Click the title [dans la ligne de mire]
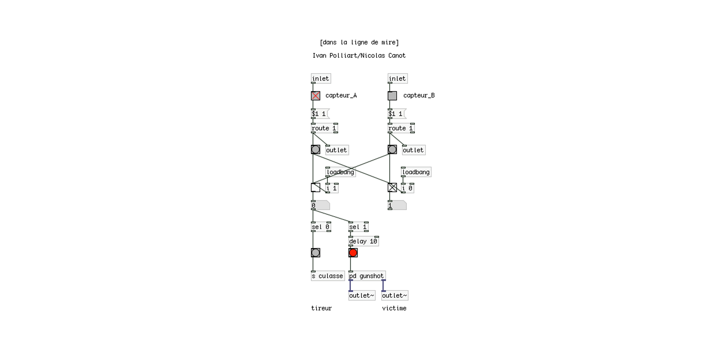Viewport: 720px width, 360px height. (x=359, y=42)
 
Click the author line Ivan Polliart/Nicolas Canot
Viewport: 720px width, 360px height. (x=359, y=56)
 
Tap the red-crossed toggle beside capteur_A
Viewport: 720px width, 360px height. (x=316, y=96)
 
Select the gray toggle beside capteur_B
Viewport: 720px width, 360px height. (x=392, y=96)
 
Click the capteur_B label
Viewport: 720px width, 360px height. (x=419, y=95)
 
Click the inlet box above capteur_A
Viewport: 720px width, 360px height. (x=321, y=78)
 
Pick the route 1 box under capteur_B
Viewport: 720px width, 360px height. (x=401, y=128)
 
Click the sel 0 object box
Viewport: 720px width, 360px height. (x=321, y=227)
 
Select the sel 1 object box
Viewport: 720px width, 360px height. (x=358, y=227)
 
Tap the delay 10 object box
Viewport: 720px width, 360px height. (x=364, y=241)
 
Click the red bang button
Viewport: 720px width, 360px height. (x=353, y=253)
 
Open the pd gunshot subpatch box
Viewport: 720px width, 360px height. (x=367, y=276)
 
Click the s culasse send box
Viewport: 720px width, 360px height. (x=328, y=276)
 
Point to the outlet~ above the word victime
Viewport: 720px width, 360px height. (x=395, y=295)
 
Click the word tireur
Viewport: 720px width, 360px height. (x=321, y=308)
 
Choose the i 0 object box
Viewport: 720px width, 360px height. (x=408, y=188)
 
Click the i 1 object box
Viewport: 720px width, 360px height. (x=332, y=188)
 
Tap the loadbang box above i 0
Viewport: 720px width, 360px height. (x=416, y=172)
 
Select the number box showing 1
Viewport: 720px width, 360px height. (x=397, y=206)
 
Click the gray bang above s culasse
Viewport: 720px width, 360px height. (x=316, y=253)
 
